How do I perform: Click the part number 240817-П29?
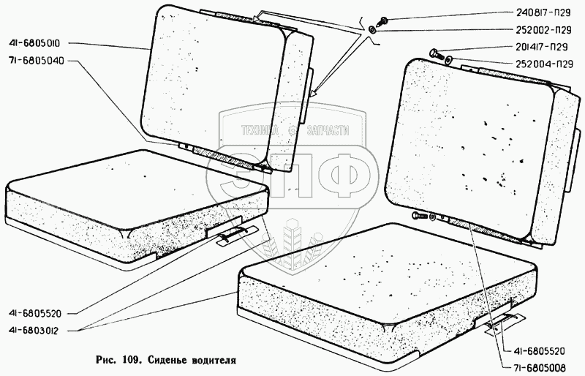[x=543, y=12]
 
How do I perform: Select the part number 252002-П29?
[x=543, y=30]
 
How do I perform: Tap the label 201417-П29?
[x=542, y=47]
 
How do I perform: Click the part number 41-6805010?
[x=33, y=44]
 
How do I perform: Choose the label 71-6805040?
[x=36, y=61]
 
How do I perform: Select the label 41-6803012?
[x=33, y=331]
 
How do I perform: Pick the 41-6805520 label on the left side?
[x=34, y=313]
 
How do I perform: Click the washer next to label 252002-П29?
[x=372, y=30]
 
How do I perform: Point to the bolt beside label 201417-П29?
[x=437, y=55]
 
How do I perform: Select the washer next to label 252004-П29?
[x=448, y=59]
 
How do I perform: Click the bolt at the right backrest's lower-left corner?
[x=420, y=216]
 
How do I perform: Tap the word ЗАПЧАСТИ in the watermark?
[x=328, y=131]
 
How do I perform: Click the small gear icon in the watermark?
[x=293, y=130]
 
